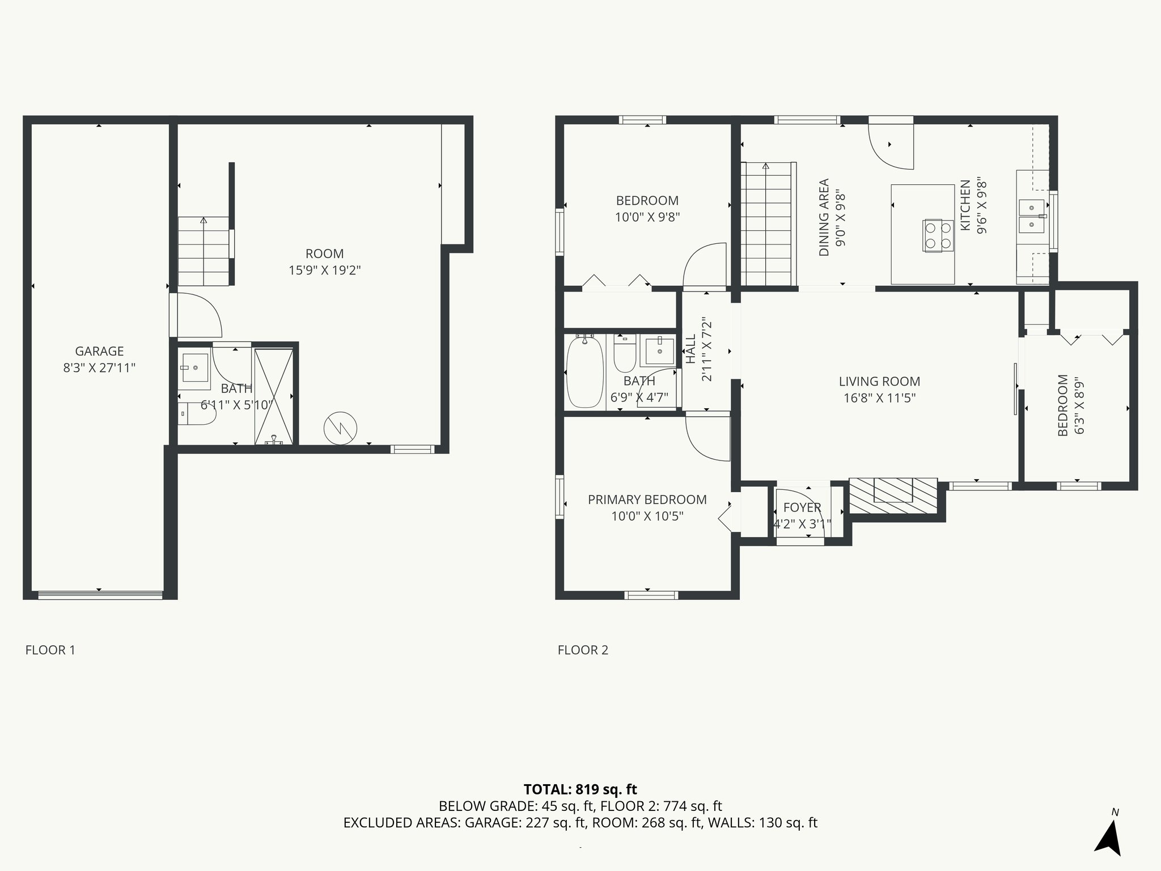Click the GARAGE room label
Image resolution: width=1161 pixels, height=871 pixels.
coord(99,352)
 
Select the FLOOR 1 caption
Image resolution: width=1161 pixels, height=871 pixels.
coord(50,650)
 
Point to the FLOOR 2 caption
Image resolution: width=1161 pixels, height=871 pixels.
coord(583,650)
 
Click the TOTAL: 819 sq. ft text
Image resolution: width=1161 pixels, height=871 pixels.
coord(580,789)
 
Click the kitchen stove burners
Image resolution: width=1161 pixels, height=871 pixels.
coord(937,235)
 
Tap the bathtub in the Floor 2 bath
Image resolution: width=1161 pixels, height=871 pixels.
coord(585,371)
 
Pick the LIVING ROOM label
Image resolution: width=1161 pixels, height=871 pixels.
coord(879,382)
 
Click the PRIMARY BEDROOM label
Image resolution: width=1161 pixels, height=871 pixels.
coord(647,500)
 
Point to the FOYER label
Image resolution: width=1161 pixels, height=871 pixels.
coord(802,508)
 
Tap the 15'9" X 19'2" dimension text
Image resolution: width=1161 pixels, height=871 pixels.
coord(325,270)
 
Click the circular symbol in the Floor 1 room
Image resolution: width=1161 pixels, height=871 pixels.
coord(340,428)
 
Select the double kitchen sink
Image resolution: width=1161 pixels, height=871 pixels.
coord(1031,217)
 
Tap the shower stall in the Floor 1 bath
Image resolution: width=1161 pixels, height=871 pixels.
coord(274,396)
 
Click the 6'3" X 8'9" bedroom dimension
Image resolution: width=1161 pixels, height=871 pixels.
coord(1079,413)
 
